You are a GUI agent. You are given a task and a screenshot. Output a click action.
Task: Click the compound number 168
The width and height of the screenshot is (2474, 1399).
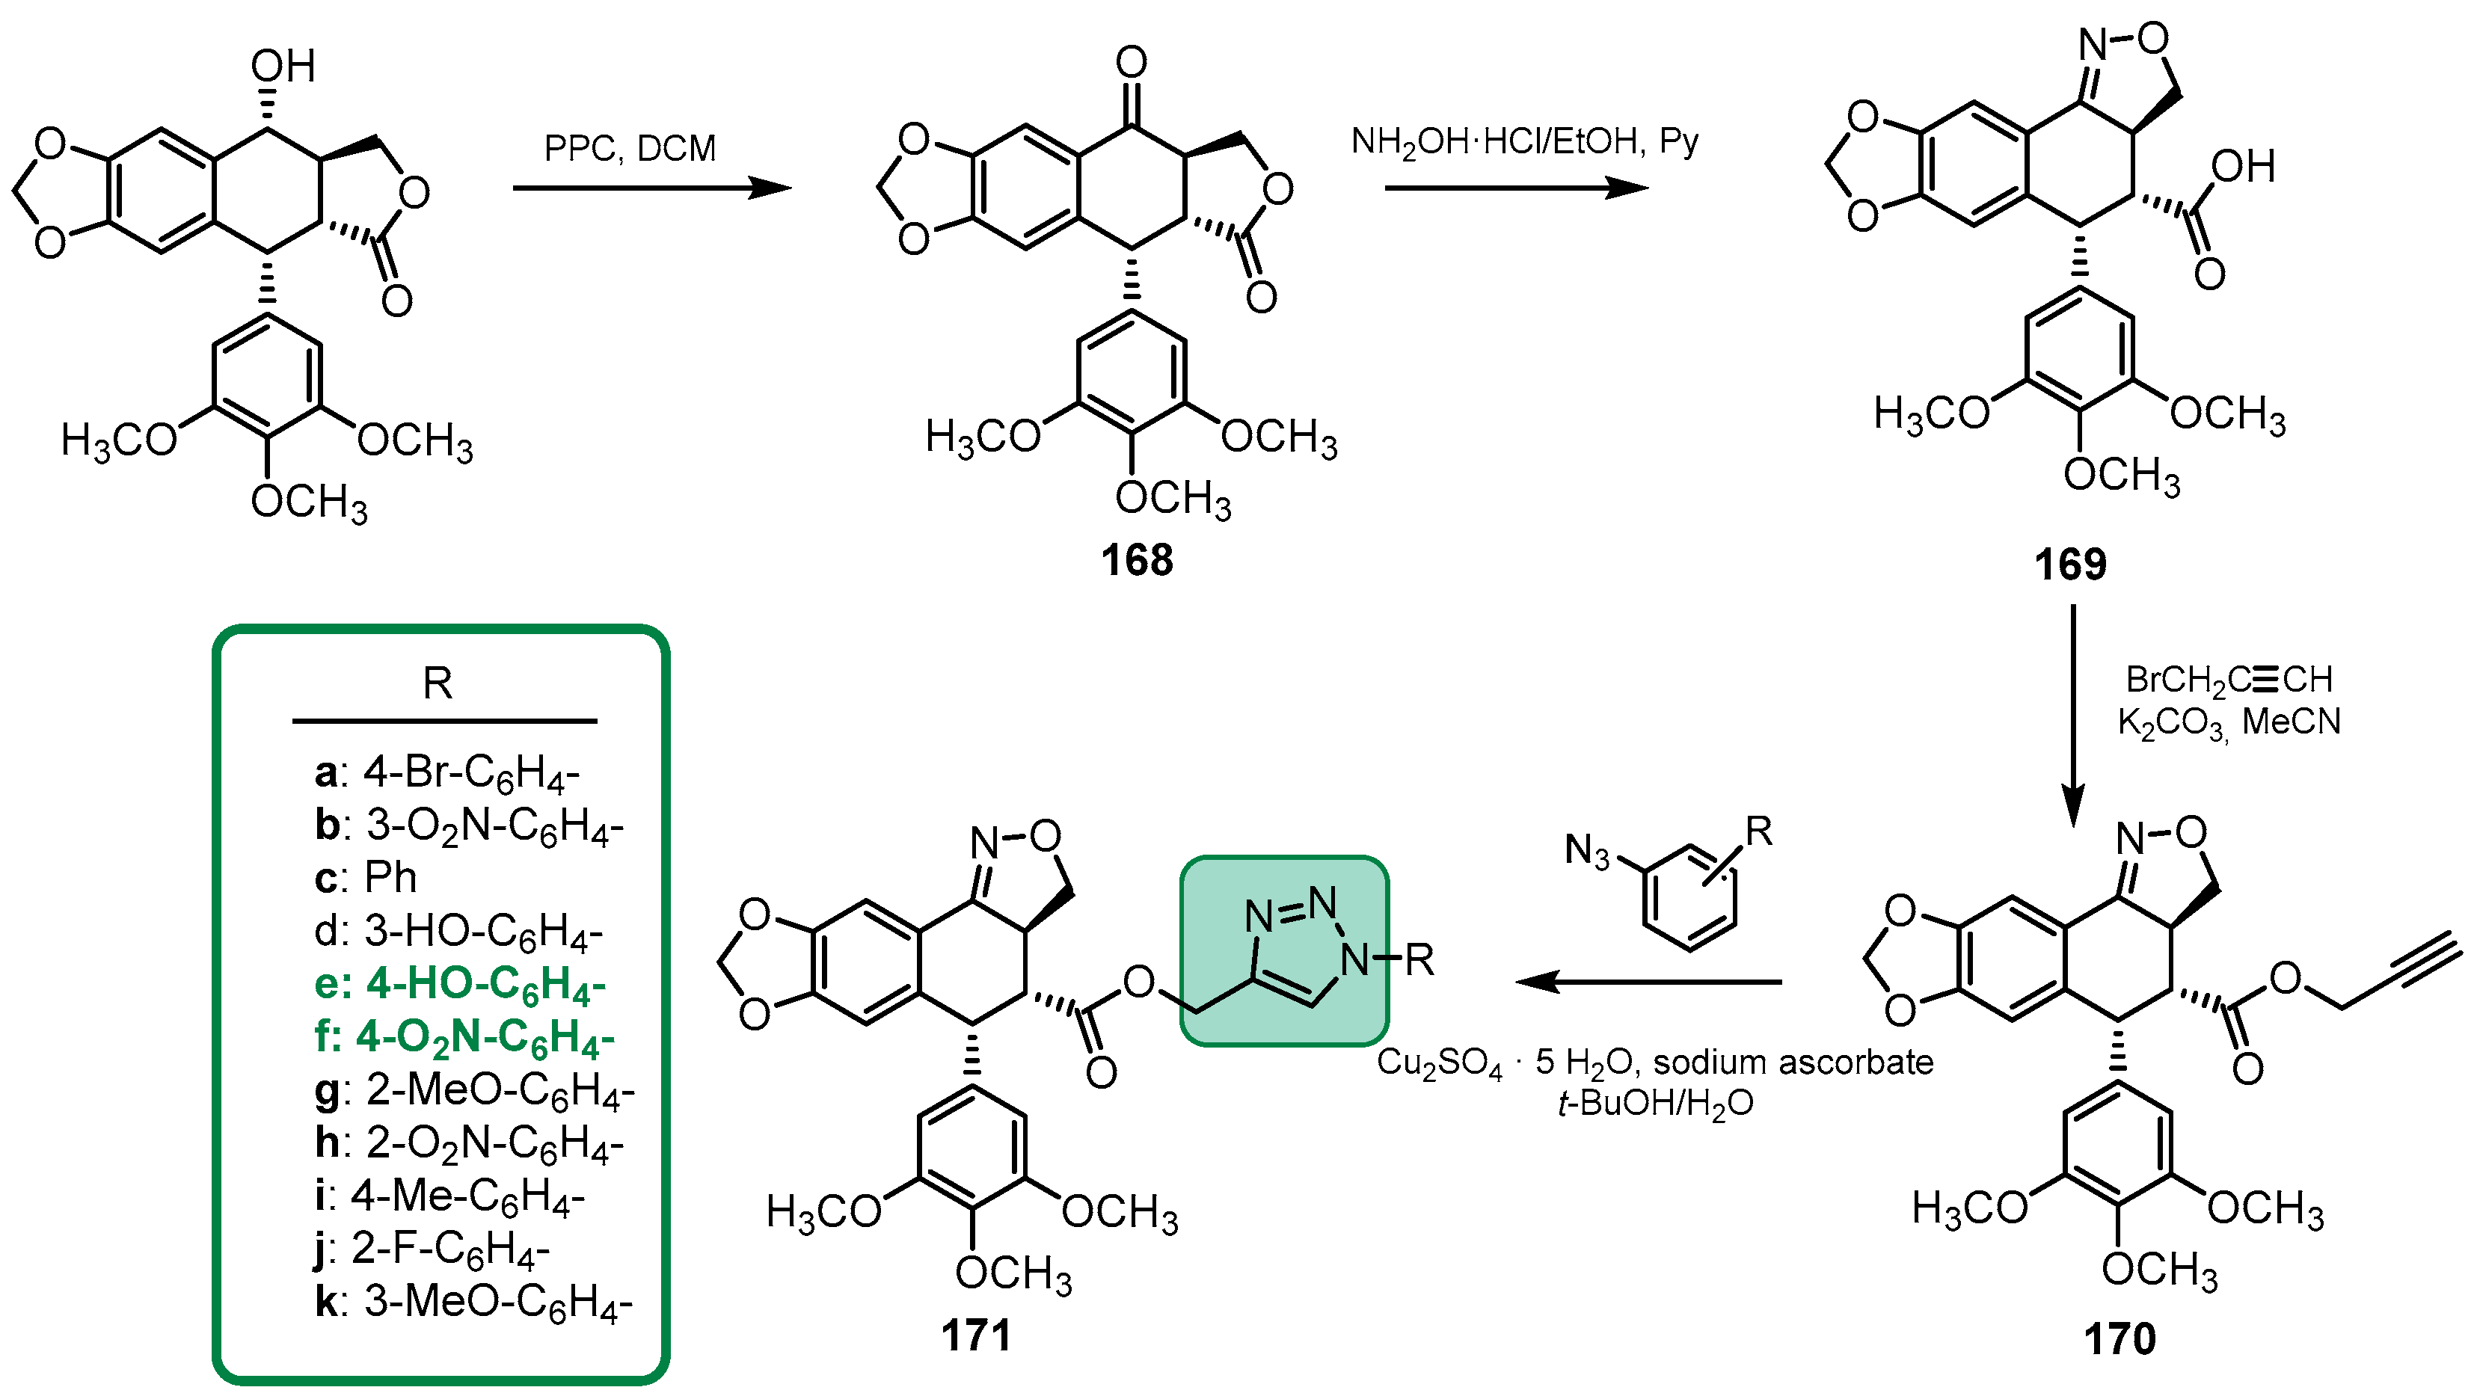(x=1137, y=560)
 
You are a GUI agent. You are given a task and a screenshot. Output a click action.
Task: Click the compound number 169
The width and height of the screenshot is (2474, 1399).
(x=2069, y=564)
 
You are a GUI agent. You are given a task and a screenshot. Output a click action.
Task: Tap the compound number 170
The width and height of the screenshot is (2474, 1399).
(x=2120, y=1338)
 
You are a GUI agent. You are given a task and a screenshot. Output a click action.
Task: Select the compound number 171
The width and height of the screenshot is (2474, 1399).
(x=976, y=1335)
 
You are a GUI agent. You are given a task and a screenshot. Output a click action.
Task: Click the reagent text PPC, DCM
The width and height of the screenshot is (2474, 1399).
(x=629, y=149)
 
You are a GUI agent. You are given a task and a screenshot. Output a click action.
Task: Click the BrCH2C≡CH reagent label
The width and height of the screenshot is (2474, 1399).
(x=2228, y=680)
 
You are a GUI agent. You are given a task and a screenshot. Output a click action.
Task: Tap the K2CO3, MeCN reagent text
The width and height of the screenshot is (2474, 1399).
(x=2228, y=722)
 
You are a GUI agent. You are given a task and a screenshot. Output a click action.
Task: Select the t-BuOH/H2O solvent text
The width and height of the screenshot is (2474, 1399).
(x=1655, y=1103)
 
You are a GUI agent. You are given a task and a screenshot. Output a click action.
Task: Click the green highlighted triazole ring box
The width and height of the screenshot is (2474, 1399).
(x=1283, y=950)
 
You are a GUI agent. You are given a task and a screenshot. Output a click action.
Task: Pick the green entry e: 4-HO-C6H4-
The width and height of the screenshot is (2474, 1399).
(x=460, y=984)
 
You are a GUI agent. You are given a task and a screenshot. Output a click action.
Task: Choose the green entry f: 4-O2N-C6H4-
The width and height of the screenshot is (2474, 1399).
(x=464, y=1037)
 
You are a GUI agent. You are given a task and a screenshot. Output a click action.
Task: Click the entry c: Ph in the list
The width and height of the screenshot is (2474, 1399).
(x=366, y=877)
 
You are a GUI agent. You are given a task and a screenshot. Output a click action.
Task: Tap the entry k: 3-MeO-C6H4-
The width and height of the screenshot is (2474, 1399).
(x=473, y=1302)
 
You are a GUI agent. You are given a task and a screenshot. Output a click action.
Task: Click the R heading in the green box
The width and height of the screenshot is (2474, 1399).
(x=438, y=684)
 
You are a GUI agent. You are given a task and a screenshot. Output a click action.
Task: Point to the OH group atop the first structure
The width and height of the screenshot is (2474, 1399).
(x=283, y=67)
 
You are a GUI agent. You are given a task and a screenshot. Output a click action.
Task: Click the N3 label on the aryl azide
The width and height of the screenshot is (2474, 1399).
(x=1586, y=850)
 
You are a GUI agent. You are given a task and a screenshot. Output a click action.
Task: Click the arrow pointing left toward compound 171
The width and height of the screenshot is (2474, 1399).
(x=1648, y=982)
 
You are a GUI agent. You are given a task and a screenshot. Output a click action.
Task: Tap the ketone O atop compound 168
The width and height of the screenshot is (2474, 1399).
(x=1131, y=63)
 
